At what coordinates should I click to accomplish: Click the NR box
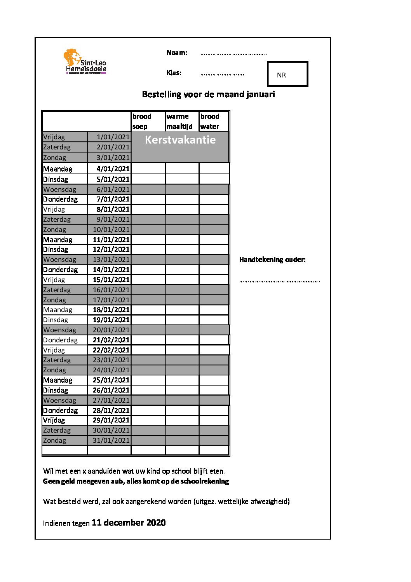tap(287, 74)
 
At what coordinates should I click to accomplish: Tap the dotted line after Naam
tap(233, 53)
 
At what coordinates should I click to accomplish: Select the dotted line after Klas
tap(222, 74)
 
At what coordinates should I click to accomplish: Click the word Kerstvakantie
tap(180, 140)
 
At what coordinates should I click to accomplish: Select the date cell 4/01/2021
tap(113, 169)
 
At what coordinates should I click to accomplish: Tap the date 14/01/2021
tap(111, 270)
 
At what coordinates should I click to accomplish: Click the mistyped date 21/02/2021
tap(111, 340)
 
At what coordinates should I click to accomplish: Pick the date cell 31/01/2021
tap(111, 440)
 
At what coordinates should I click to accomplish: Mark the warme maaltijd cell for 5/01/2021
tap(182, 179)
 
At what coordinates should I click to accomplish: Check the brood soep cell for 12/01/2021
tap(148, 249)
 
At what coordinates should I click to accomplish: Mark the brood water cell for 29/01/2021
tap(214, 420)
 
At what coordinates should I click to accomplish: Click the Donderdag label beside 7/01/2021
tap(61, 199)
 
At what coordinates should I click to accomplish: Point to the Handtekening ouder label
tap(272, 259)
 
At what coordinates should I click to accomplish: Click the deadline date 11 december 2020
tap(129, 522)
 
